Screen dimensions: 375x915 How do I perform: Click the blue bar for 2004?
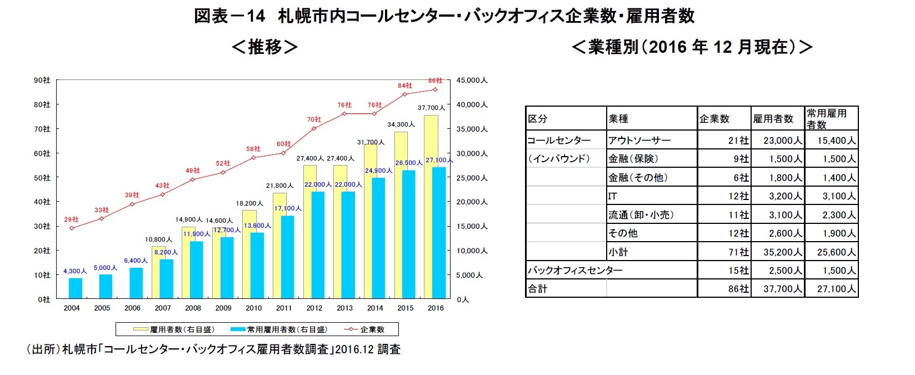click(x=76, y=288)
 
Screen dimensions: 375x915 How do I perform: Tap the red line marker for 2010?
click(x=253, y=157)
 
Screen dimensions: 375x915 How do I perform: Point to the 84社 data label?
click(x=404, y=86)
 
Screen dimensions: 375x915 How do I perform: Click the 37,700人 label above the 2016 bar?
click(x=431, y=108)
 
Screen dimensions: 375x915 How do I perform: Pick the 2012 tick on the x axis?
click(x=314, y=308)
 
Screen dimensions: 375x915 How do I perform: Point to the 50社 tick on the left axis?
click(x=43, y=178)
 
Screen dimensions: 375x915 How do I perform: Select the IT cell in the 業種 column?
click(x=612, y=196)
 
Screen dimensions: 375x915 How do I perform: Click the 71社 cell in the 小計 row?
click(x=738, y=252)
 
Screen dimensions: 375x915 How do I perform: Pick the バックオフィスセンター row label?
click(x=575, y=271)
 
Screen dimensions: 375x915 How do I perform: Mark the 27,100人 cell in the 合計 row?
click(x=836, y=289)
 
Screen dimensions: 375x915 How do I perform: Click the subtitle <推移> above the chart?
click(x=264, y=47)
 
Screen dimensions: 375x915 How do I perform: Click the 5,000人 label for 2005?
click(x=105, y=268)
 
